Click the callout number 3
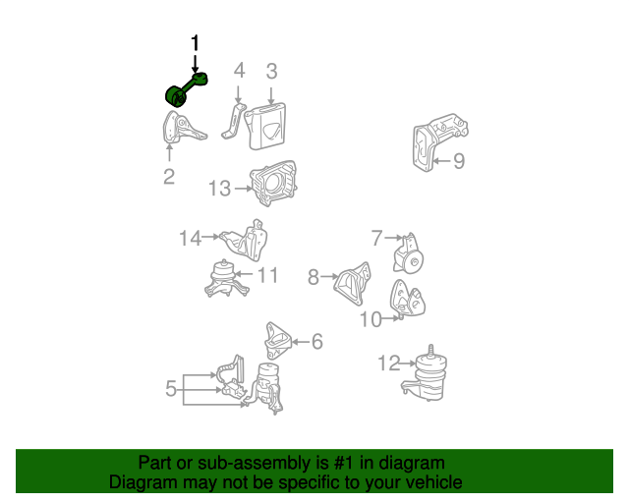(271, 71)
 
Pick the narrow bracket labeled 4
(233, 121)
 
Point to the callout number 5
(171, 389)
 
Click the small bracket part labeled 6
(278, 340)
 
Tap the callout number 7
(376, 238)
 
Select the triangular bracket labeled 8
(353, 282)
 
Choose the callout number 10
(371, 319)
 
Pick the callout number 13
(220, 188)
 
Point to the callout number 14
(190, 238)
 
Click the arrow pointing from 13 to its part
(243, 188)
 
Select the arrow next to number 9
(442, 161)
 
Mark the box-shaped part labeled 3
(266, 126)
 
